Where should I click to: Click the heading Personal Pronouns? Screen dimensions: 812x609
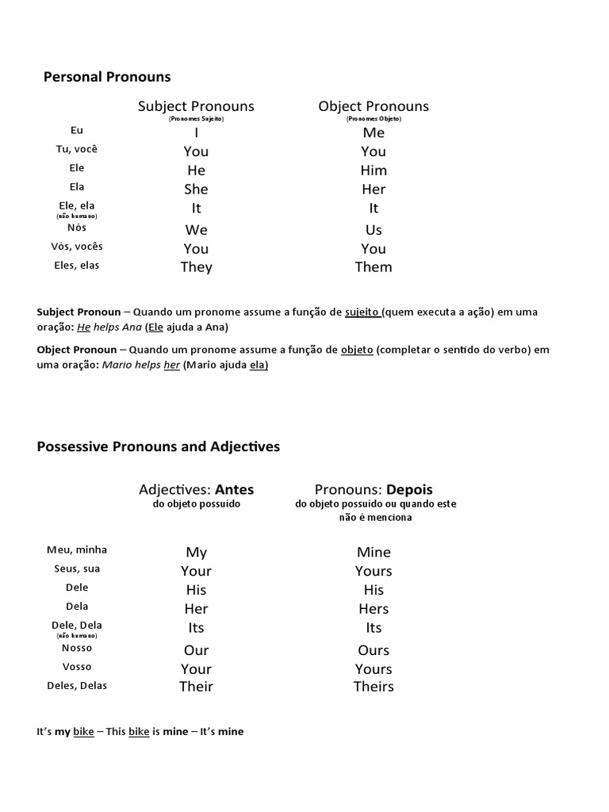[x=106, y=77]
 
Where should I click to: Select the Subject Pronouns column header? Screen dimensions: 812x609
[x=196, y=106]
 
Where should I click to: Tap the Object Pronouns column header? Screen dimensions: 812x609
[x=373, y=106]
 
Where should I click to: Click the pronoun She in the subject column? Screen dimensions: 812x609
[x=196, y=189]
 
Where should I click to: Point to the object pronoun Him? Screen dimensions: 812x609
[x=373, y=170]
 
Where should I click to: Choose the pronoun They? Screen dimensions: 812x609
[x=196, y=267]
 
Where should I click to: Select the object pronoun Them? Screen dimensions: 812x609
[x=373, y=267]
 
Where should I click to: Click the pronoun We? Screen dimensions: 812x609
[x=196, y=230]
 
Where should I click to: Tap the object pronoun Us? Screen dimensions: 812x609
[x=373, y=230]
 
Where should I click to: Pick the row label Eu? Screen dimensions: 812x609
[x=77, y=131]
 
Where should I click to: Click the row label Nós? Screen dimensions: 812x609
[x=77, y=228]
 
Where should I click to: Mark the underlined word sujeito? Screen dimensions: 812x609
[x=362, y=312]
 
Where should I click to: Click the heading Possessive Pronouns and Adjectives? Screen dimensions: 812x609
[x=159, y=447]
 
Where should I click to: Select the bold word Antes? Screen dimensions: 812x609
[x=235, y=489]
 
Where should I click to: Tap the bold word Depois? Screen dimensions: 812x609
[x=410, y=489]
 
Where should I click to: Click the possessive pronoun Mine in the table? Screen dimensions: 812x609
[x=373, y=553]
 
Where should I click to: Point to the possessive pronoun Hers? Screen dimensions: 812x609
[x=373, y=609]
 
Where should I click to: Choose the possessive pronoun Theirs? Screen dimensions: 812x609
[x=373, y=687]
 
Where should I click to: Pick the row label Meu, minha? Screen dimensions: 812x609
[x=77, y=550]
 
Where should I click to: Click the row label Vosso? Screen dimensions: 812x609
[x=77, y=667]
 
